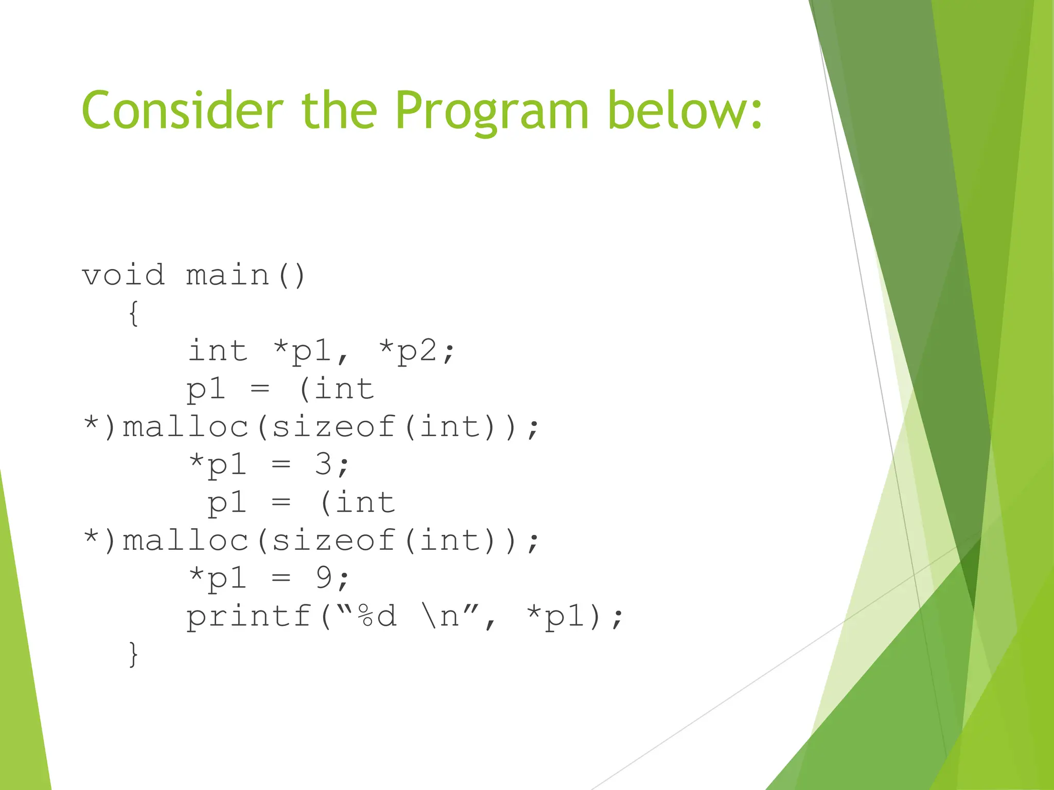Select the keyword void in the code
124,275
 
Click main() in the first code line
246,275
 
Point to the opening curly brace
133,313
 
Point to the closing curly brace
133,654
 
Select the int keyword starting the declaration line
218,351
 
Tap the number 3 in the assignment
324,464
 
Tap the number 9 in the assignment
324,578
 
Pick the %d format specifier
378,616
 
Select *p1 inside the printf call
557,616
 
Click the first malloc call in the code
186,427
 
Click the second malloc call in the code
186,541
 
